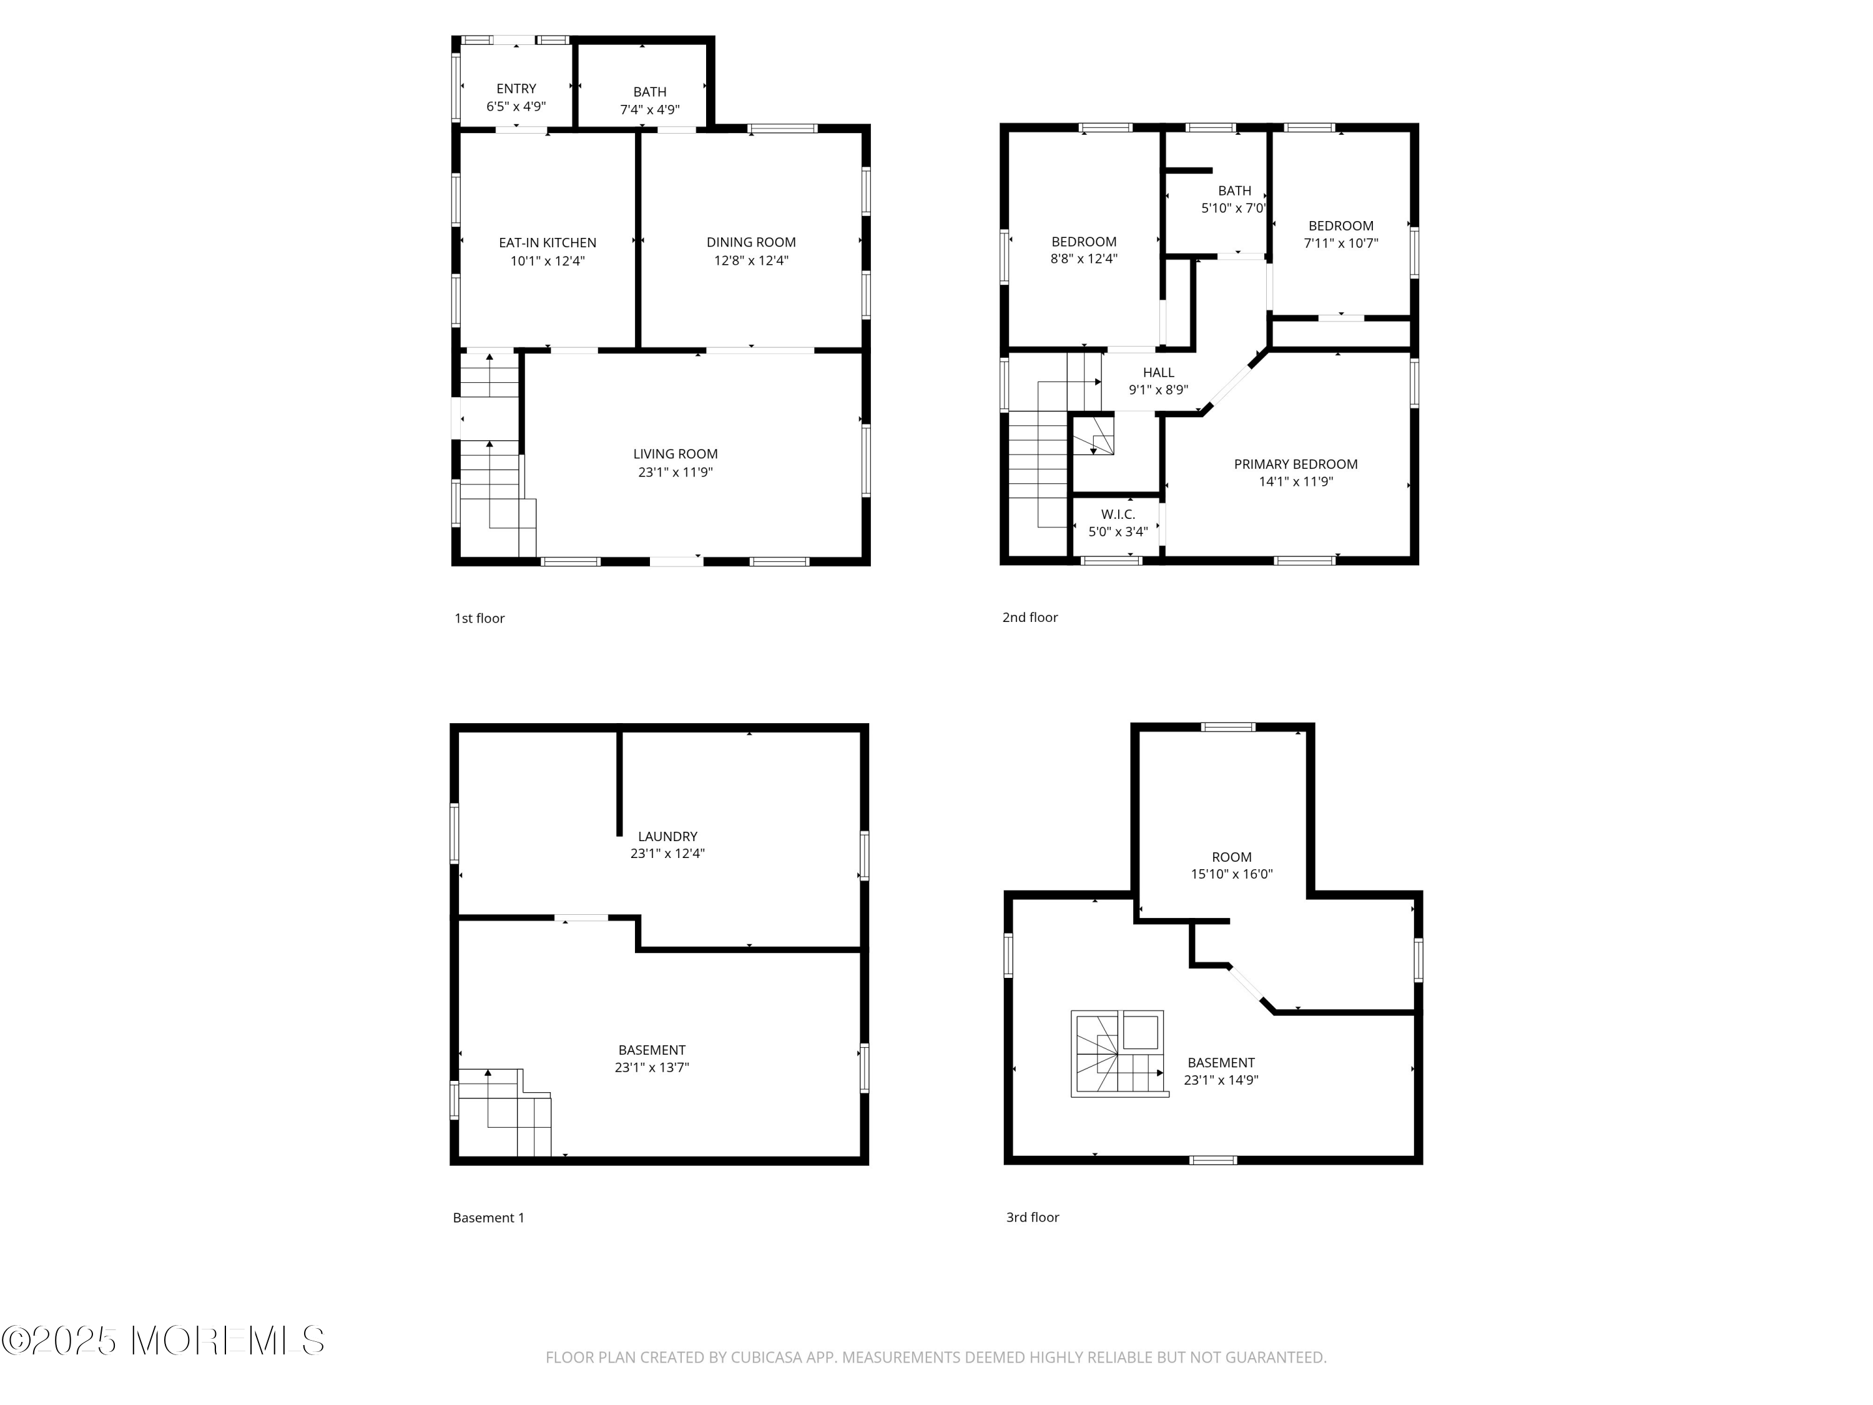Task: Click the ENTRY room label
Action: pyautogui.click(x=516, y=89)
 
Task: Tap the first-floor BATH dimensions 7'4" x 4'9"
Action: pyautogui.click(x=649, y=110)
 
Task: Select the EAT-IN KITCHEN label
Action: pyautogui.click(x=547, y=243)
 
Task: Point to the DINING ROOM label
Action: pyautogui.click(x=750, y=242)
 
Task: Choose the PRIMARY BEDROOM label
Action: pyautogui.click(x=1295, y=464)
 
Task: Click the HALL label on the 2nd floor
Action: pyautogui.click(x=1158, y=373)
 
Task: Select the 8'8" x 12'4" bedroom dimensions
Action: pyautogui.click(x=1083, y=259)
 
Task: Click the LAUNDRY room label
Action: pyautogui.click(x=667, y=837)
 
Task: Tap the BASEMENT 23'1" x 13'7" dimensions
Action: pyautogui.click(x=651, y=1068)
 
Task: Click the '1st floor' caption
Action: pyautogui.click(x=479, y=618)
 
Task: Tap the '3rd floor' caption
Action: pyautogui.click(x=1031, y=1217)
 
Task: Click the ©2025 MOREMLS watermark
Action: pyautogui.click(x=162, y=1340)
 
